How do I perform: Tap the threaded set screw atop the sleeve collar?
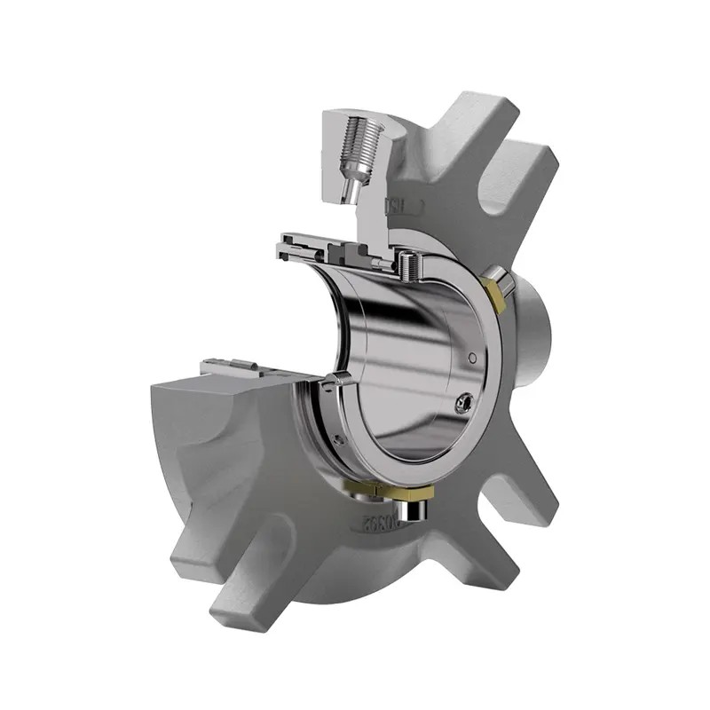(x=407, y=263)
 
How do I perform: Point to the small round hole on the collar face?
(x=472, y=357)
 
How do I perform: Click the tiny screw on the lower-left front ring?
(x=339, y=438)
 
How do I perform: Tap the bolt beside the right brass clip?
(x=505, y=285)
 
